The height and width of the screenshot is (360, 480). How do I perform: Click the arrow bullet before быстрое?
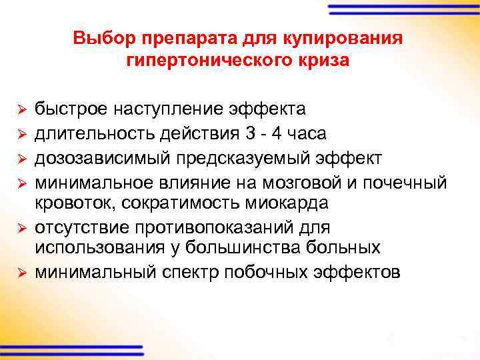(x=21, y=109)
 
